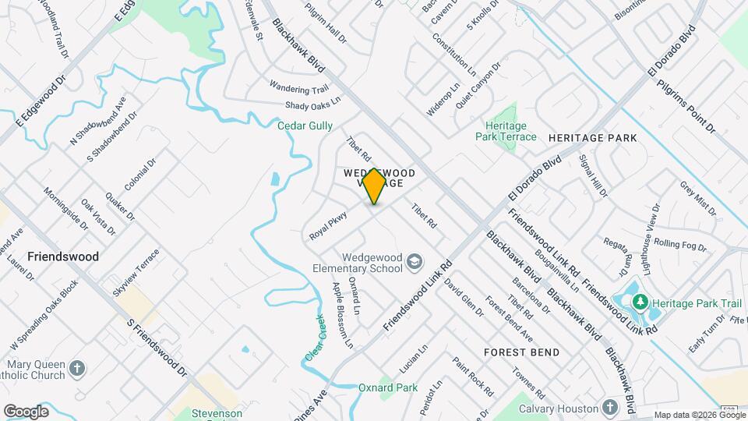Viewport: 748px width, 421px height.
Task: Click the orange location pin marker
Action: click(x=374, y=186)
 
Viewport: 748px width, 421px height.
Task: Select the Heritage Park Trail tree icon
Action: click(x=640, y=301)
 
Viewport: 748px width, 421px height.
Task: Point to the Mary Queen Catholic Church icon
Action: click(x=76, y=367)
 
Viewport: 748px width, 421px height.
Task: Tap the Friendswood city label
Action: click(x=63, y=256)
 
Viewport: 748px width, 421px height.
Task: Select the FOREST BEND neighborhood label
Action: click(x=521, y=352)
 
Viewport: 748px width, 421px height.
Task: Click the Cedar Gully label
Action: click(x=305, y=126)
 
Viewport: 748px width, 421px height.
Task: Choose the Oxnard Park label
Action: click(x=388, y=387)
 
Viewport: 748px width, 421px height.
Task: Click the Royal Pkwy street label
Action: click(x=327, y=225)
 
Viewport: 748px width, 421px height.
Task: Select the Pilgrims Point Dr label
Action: click(x=686, y=105)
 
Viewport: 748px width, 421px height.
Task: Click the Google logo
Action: click(x=26, y=412)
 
